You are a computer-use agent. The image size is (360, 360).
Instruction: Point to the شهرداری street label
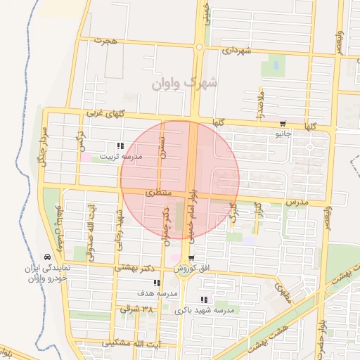coord(236,51)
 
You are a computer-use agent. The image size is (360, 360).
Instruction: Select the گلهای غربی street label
coord(104,112)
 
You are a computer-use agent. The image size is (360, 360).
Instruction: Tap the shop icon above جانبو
coord(283,122)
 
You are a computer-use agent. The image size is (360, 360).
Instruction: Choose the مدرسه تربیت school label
coord(120,156)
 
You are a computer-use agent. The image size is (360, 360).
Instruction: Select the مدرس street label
coord(297,202)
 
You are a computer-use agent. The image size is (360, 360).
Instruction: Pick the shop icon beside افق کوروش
coord(191,258)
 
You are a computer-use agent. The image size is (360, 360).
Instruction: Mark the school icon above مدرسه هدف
coord(156,283)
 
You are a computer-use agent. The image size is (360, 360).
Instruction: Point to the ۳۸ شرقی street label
coord(136,309)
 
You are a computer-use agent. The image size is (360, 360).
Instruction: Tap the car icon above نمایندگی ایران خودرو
coord(47,257)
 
